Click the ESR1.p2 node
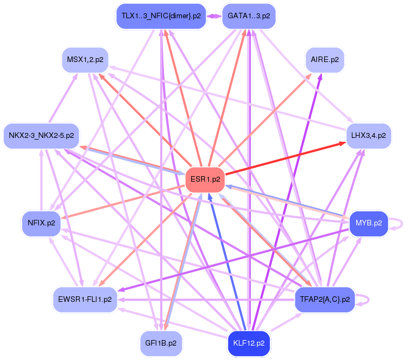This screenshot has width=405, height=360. pyautogui.click(x=205, y=179)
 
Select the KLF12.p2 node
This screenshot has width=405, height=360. pyautogui.click(x=249, y=343)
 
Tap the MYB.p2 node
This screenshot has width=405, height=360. pyautogui.click(x=369, y=223)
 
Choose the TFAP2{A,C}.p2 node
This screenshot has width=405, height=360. pyautogui.click(x=325, y=300)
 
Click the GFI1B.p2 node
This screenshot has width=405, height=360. pyautogui.click(x=161, y=343)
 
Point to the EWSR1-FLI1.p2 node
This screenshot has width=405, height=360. pyautogui.click(x=85, y=300)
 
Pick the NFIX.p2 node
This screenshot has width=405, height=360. pyautogui.click(x=42, y=223)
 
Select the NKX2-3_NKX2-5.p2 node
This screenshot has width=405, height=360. pyautogui.click(x=42, y=135)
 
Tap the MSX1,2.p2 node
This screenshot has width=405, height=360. pyautogui.click(x=85, y=59)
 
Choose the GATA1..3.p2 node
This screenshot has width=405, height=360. pyautogui.click(x=249, y=16)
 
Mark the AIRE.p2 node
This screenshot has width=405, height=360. pyautogui.click(x=325, y=59)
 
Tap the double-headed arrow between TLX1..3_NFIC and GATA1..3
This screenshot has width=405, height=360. pyautogui.click(x=213, y=16)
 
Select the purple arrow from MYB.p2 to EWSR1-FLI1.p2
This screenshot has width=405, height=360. pyautogui.click(x=233, y=255)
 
